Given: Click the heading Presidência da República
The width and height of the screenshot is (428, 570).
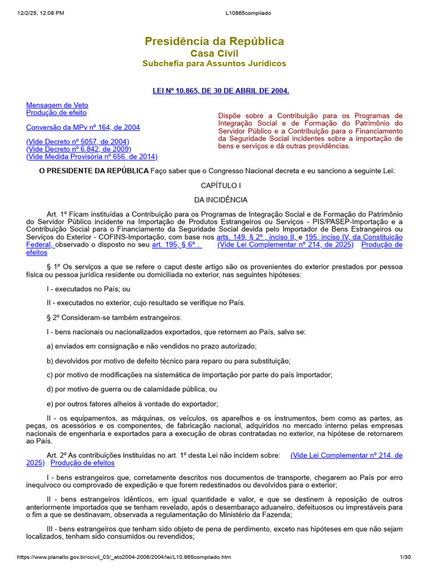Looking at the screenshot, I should [214, 41].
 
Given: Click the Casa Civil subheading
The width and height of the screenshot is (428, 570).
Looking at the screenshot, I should [214, 53].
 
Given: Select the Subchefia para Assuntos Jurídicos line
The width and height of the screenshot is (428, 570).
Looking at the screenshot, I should [214, 63].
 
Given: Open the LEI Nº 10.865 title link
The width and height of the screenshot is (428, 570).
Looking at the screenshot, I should [221, 90].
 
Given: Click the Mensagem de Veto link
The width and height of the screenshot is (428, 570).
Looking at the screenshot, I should [57, 105].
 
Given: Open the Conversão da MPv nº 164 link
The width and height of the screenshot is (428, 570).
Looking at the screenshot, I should [83, 127].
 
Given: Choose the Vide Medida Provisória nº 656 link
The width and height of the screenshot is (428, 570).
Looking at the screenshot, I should [92, 157].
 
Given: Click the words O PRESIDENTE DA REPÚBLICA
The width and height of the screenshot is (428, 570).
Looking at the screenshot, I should [94, 171].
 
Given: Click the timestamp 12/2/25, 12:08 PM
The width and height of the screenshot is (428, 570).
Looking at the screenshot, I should [41, 13].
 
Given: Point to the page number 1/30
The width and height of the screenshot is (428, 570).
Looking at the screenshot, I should [405, 557].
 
